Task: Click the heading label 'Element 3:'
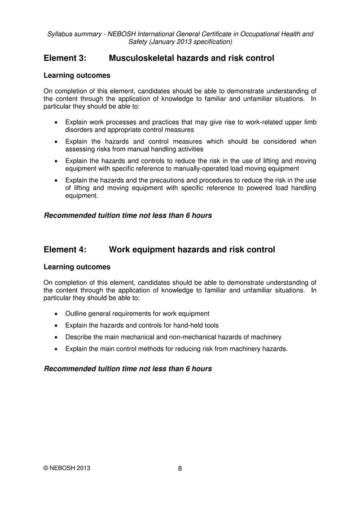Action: tap(65, 58)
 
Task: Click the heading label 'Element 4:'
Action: tap(65, 249)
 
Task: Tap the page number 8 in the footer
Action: tap(180, 468)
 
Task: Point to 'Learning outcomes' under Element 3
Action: tap(77, 75)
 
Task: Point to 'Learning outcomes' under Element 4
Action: tap(77, 266)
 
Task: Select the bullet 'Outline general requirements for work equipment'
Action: tap(137, 314)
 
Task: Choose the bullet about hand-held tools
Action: tap(142, 326)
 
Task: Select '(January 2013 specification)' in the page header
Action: tap(180, 41)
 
